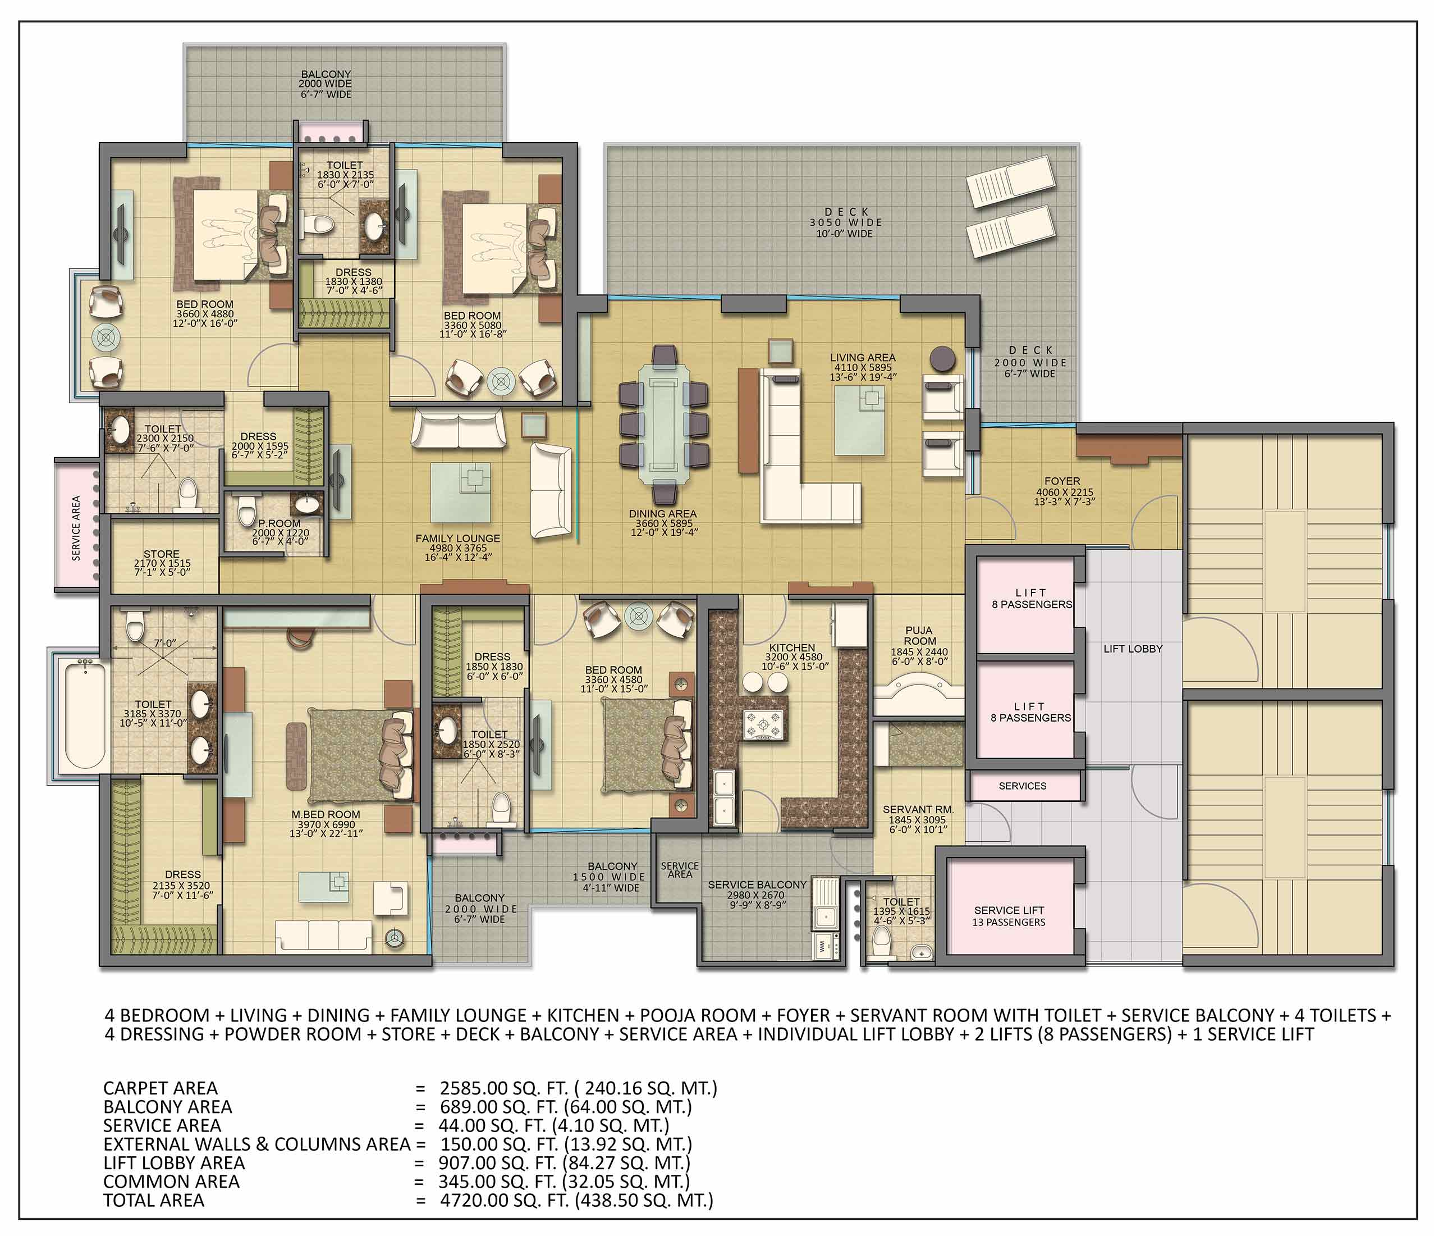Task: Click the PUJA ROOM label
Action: [x=919, y=636]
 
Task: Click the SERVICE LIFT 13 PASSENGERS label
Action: [x=1009, y=916]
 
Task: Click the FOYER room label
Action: [x=1062, y=481]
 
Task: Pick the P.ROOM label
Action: [x=280, y=523]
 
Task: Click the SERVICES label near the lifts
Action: [x=1022, y=786]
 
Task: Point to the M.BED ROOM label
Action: [x=326, y=814]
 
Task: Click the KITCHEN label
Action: [x=792, y=648]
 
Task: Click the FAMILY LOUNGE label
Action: [x=457, y=538]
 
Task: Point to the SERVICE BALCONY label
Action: [x=757, y=885]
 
